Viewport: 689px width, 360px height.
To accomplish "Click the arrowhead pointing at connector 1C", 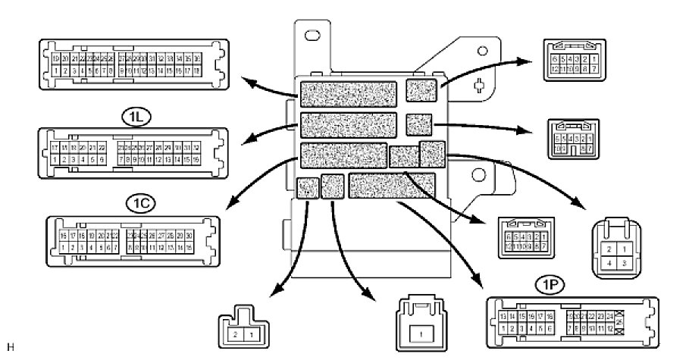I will point(230,202).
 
